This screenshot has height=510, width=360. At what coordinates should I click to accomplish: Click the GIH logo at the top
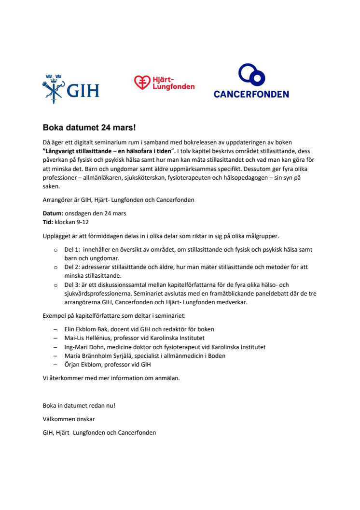coord(71,89)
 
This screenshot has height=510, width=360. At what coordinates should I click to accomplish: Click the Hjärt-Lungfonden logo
coord(164,83)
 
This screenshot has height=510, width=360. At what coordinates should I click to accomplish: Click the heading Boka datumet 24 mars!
coord(89,128)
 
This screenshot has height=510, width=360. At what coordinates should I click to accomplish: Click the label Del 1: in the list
coord(72,250)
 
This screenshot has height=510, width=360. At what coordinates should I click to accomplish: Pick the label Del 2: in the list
coord(72,267)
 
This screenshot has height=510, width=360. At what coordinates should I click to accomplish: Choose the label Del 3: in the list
coord(72,284)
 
